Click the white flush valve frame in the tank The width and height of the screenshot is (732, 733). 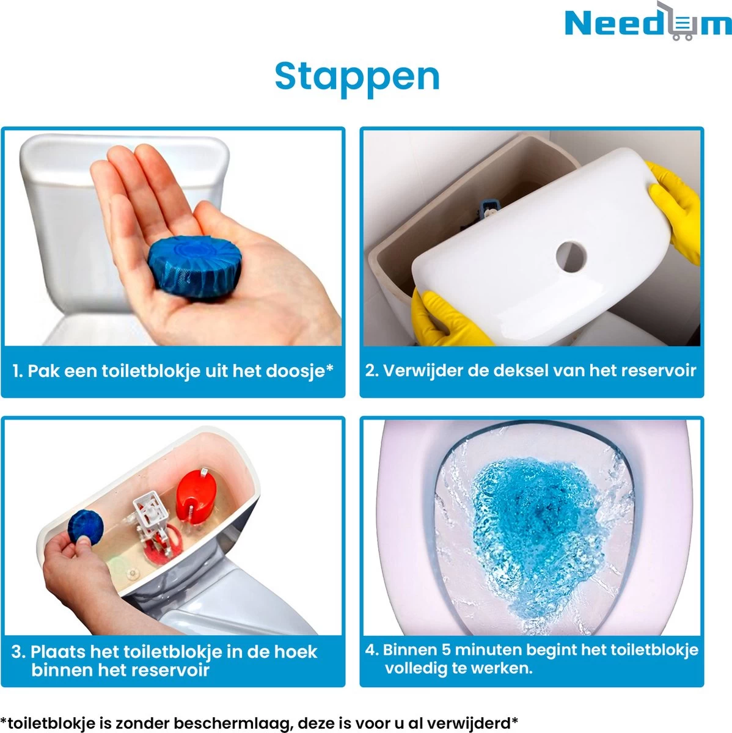click(149, 510)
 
